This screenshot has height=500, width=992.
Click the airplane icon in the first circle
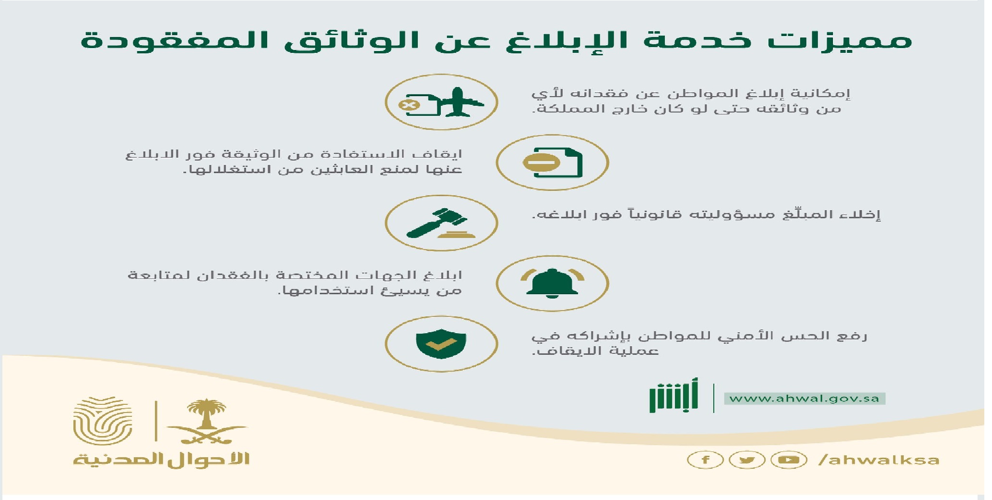tap(459, 102)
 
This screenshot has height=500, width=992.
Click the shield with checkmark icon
tap(441, 343)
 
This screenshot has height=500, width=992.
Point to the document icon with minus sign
tap(553, 162)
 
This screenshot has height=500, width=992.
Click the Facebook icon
tap(705, 460)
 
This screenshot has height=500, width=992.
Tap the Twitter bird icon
tap(747, 460)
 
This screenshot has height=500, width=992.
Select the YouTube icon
tap(789, 460)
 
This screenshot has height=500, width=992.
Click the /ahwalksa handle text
tap(879, 460)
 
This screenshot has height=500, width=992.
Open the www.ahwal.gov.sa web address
tap(805, 399)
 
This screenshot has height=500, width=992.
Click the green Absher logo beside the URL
tap(673, 396)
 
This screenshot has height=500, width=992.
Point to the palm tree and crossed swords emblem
tap(207, 422)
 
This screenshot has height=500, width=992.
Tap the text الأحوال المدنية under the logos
tap(161, 459)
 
